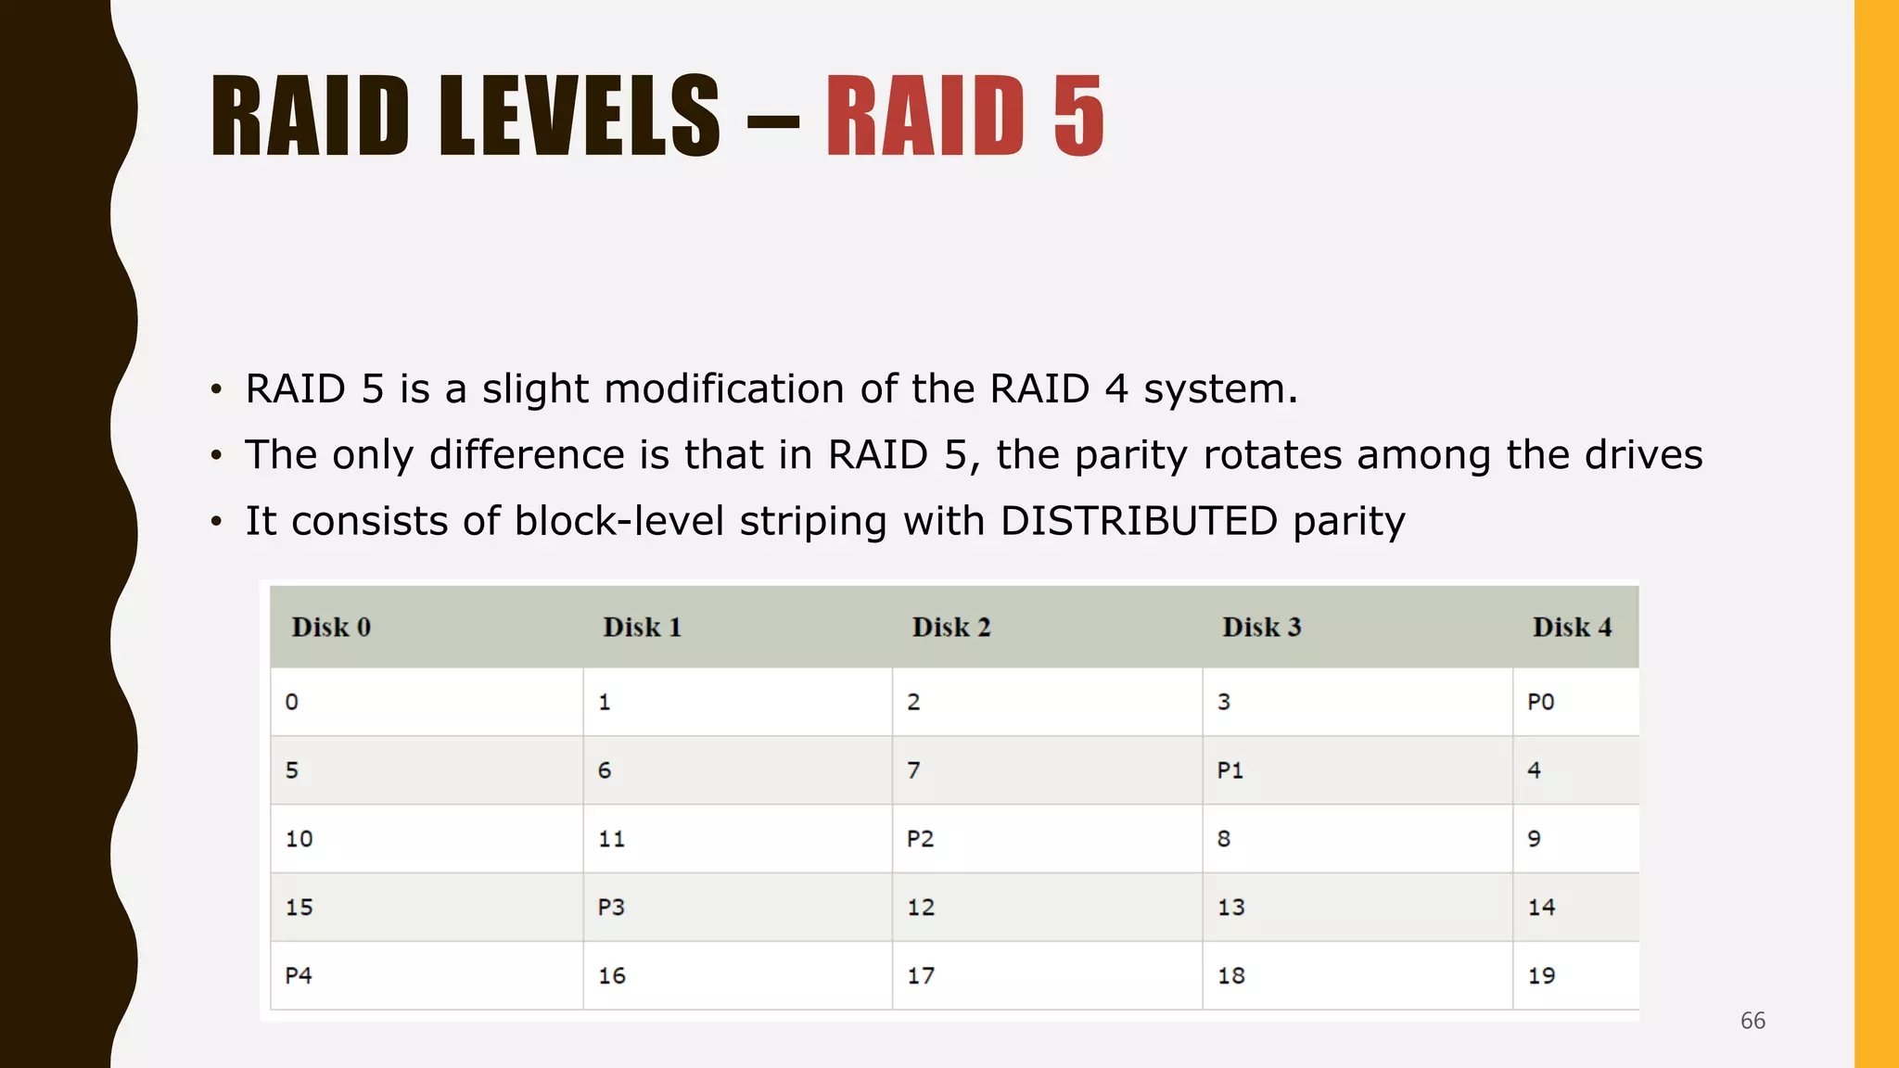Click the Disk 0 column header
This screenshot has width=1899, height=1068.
331,628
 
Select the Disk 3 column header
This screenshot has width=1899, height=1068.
1261,628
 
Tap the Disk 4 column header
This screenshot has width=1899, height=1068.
1572,628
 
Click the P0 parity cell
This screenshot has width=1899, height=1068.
1540,702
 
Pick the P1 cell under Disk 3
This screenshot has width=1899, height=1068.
1230,770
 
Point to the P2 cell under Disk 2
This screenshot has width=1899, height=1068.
920,839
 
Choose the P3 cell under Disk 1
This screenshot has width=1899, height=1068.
610,907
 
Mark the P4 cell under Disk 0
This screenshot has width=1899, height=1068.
299,975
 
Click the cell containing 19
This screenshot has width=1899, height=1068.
1541,975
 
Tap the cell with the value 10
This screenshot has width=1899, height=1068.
299,839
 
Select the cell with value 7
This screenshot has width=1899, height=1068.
913,770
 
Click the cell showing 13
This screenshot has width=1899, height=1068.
1230,907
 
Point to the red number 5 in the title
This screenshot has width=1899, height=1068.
1078,117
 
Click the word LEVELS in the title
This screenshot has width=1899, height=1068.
580,117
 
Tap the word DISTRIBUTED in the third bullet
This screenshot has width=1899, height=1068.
1139,521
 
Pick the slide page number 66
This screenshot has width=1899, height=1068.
1752,1021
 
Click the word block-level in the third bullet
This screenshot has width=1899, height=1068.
618,521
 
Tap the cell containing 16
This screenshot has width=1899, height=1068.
611,975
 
